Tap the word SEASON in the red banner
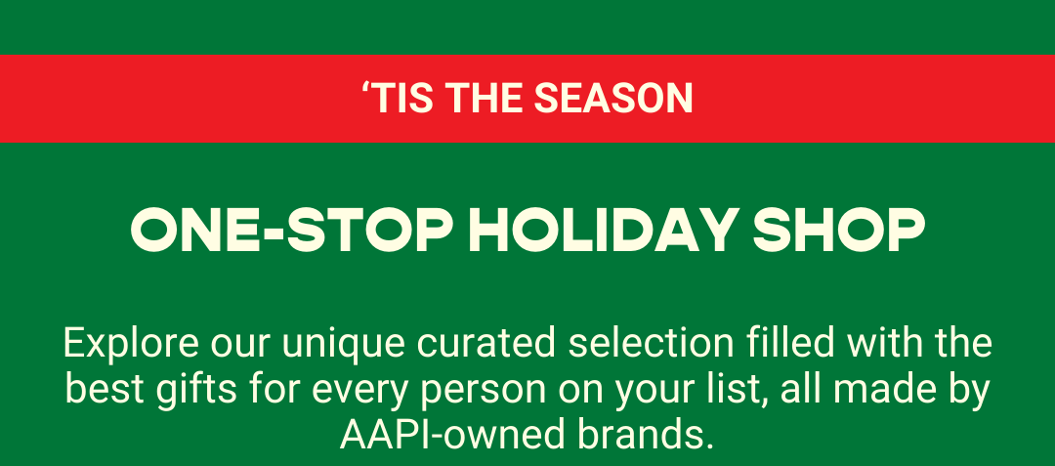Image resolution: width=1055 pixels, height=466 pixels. [x=613, y=98]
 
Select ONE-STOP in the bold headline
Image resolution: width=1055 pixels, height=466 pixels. [x=291, y=231]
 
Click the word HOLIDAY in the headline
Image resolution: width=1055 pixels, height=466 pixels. [x=604, y=231]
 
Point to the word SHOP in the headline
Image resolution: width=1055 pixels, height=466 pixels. [x=839, y=231]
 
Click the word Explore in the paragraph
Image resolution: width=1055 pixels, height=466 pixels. [x=131, y=344]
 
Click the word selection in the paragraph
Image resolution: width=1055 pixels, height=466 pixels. [x=651, y=344]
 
